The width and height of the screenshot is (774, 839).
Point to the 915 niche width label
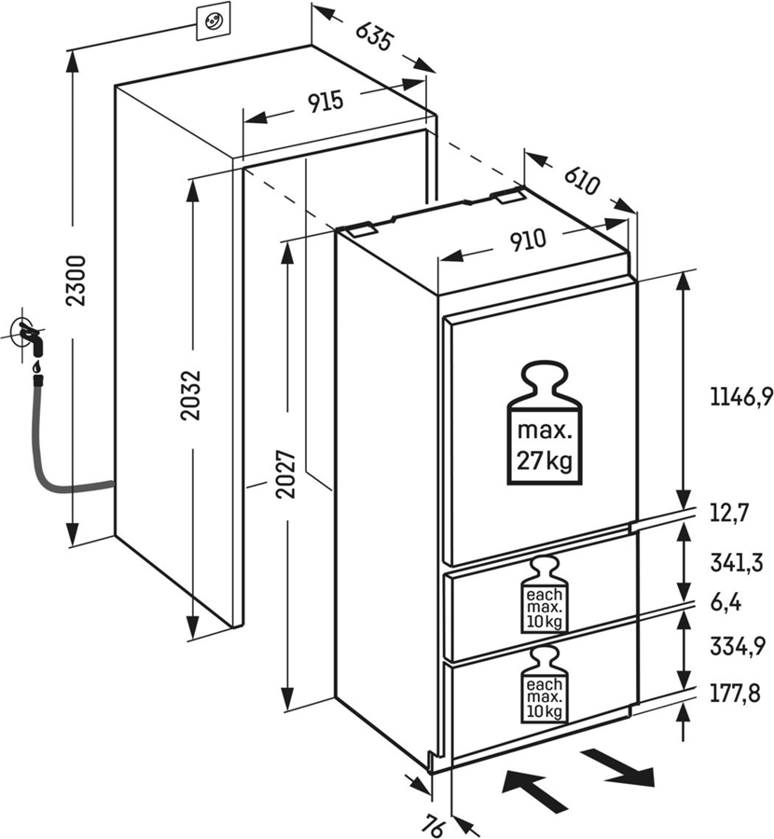tap(325, 103)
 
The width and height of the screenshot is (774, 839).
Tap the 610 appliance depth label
tap(580, 176)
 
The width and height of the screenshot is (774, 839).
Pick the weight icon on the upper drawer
tap(545, 596)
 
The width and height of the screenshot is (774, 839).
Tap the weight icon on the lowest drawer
tap(545, 688)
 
